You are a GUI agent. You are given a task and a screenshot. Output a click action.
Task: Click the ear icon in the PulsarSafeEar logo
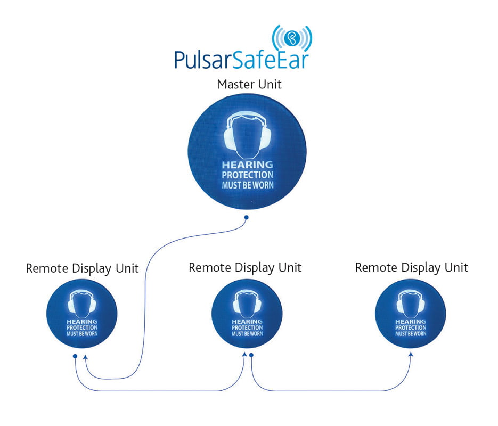click(292, 38)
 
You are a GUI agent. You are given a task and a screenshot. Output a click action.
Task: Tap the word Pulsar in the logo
click(203, 60)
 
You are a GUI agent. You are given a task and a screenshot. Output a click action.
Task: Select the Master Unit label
click(249, 85)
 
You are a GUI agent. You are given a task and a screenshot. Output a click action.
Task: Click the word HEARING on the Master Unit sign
click(248, 165)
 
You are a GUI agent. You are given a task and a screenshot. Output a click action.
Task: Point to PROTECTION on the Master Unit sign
click(248, 175)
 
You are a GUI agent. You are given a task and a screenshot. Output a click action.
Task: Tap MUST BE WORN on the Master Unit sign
click(248, 185)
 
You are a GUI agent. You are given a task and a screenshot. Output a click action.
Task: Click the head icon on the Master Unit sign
click(248, 135)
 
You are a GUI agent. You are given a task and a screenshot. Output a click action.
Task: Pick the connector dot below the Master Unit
click(246, 217)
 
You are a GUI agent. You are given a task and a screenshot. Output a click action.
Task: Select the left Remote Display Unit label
click(82, 268)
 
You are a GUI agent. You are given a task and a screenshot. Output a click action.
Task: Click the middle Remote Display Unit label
click(245, 268)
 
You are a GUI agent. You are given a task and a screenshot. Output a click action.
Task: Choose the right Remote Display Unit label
click(412, 268)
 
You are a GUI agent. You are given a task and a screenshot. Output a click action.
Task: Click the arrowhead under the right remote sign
click(411, 355)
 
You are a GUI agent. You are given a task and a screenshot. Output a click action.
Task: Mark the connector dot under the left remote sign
click(75, 356)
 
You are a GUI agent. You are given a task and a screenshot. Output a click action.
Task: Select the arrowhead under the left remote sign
click(85, 358)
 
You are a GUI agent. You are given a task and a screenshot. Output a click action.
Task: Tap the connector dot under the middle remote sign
click(251, 355)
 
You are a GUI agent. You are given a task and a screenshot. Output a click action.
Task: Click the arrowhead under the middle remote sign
click(244, 354)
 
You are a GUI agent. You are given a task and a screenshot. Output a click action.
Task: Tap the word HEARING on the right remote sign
click(411, 322)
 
